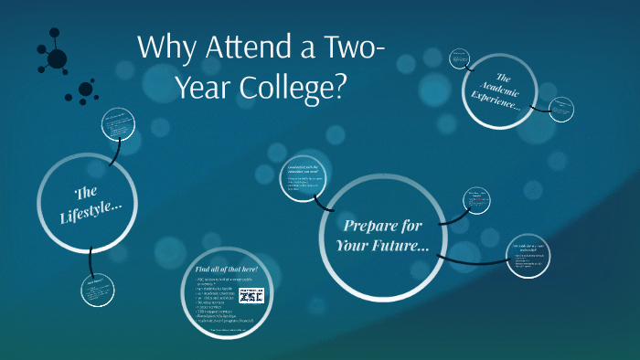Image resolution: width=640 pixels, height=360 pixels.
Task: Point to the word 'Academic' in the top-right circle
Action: click(x=502, y=87)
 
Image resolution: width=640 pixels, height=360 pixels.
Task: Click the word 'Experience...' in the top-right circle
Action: click(x=497, y=101)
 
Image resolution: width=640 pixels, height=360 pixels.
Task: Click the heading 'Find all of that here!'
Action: click(x=227, y=270)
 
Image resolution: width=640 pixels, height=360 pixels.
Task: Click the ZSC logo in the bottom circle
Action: click(x=251, y=295)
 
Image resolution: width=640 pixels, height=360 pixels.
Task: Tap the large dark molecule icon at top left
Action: click(x=54, y=58)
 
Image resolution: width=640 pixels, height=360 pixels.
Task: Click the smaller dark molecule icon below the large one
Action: click(x=85, y=90)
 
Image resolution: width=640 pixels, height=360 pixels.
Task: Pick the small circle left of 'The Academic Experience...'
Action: click(x=460, y=59)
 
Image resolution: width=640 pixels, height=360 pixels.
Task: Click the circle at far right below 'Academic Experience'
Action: click(x=529, y=258)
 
